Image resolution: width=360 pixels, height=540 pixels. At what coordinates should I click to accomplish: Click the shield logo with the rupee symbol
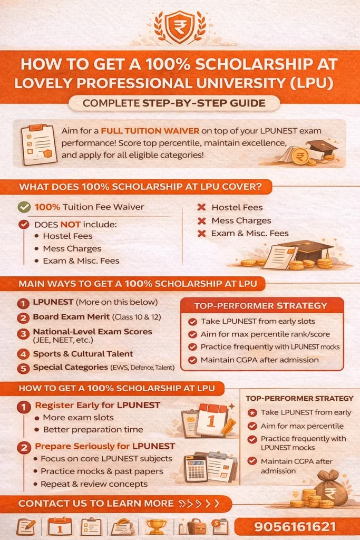180,26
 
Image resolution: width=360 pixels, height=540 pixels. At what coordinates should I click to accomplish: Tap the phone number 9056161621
295,527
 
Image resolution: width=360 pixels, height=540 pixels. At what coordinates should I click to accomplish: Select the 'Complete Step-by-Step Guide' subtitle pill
174,103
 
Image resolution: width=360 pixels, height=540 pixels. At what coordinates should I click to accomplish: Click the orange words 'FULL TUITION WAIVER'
150,131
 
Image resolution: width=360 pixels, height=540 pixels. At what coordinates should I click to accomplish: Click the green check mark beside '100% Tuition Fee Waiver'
24,207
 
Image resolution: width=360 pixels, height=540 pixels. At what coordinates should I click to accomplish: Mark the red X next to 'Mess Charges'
202,221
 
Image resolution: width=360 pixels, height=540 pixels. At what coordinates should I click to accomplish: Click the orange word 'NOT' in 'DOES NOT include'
70,225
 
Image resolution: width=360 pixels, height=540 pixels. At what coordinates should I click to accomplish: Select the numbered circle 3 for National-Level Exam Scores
23,334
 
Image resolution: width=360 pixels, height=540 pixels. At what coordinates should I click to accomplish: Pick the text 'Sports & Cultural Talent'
83,354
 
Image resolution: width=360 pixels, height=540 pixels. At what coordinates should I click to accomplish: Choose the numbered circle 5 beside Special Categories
23,369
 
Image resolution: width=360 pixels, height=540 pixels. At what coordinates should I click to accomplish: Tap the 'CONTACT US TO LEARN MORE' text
96,504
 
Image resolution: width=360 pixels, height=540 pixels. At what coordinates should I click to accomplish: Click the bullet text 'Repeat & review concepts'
94,484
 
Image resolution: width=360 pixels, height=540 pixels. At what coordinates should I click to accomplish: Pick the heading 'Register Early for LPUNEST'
98,405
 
